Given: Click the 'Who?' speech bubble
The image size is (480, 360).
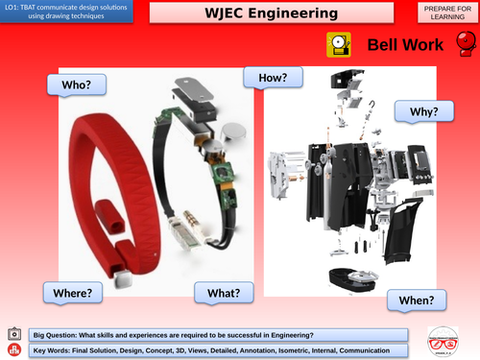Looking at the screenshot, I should coord(76,84).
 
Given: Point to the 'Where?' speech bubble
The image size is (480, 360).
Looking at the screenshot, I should coord(71,290).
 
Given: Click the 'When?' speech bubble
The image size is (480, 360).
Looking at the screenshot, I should coord(417,300).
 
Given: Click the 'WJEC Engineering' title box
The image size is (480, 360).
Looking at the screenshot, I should coord(272,13).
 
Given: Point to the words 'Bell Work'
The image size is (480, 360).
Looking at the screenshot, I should coord(404,44).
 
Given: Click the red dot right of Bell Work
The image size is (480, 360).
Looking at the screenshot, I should coord(468,44).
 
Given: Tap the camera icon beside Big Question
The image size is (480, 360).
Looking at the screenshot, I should coord(13,333).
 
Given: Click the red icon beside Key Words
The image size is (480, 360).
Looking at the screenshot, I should coord(13,350).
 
